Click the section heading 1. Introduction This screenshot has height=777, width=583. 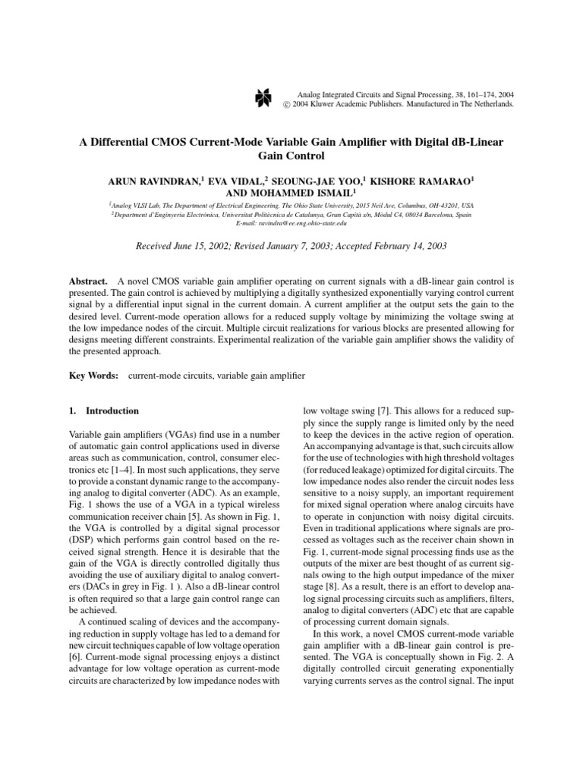click(103, 411)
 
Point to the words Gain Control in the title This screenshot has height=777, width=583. click(291, 156)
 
